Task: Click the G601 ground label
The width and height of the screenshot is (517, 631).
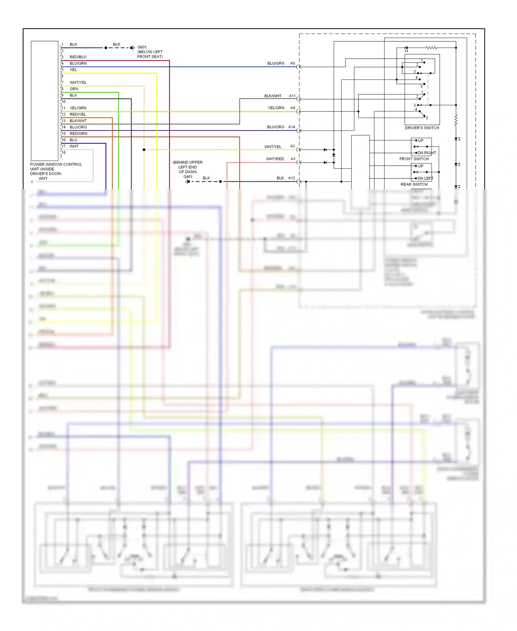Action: (x=142, y=47)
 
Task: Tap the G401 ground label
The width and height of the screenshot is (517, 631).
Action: (x=188, y=177)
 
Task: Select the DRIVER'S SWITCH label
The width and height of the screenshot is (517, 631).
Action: (x=422, y=128)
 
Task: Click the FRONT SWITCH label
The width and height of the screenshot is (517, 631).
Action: (x=414, y=159)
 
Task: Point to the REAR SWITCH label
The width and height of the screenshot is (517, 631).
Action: (x=414, y=184)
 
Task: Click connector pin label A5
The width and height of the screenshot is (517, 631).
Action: (x=293, y=64)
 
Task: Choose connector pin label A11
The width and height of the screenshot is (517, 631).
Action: (x=292, y=96)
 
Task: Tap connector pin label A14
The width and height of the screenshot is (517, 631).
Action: (x=292, y=127)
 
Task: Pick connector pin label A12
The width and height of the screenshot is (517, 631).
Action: (x=292, y=178)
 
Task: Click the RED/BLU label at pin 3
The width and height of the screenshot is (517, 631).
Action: (x=78, y=57)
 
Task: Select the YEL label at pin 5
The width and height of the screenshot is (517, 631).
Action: (x=73, y=70)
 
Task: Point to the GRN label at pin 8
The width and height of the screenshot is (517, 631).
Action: (x=74, y=89)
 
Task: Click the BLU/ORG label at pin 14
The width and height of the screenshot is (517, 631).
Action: (x=78, y=127)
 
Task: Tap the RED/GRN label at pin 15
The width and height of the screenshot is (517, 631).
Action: (x=79, y=134)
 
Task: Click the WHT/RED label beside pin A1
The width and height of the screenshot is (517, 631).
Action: (x=275, y=159)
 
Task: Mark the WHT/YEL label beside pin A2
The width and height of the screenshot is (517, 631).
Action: (x=273, y=147)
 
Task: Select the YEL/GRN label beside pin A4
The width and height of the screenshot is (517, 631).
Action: (x=276, y=108)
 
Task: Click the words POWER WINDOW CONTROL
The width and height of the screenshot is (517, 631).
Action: (x=56, y=164)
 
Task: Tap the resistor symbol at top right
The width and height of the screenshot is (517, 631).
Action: (x=431, y=48)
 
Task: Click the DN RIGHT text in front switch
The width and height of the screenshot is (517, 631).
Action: (x=427, y=153)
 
